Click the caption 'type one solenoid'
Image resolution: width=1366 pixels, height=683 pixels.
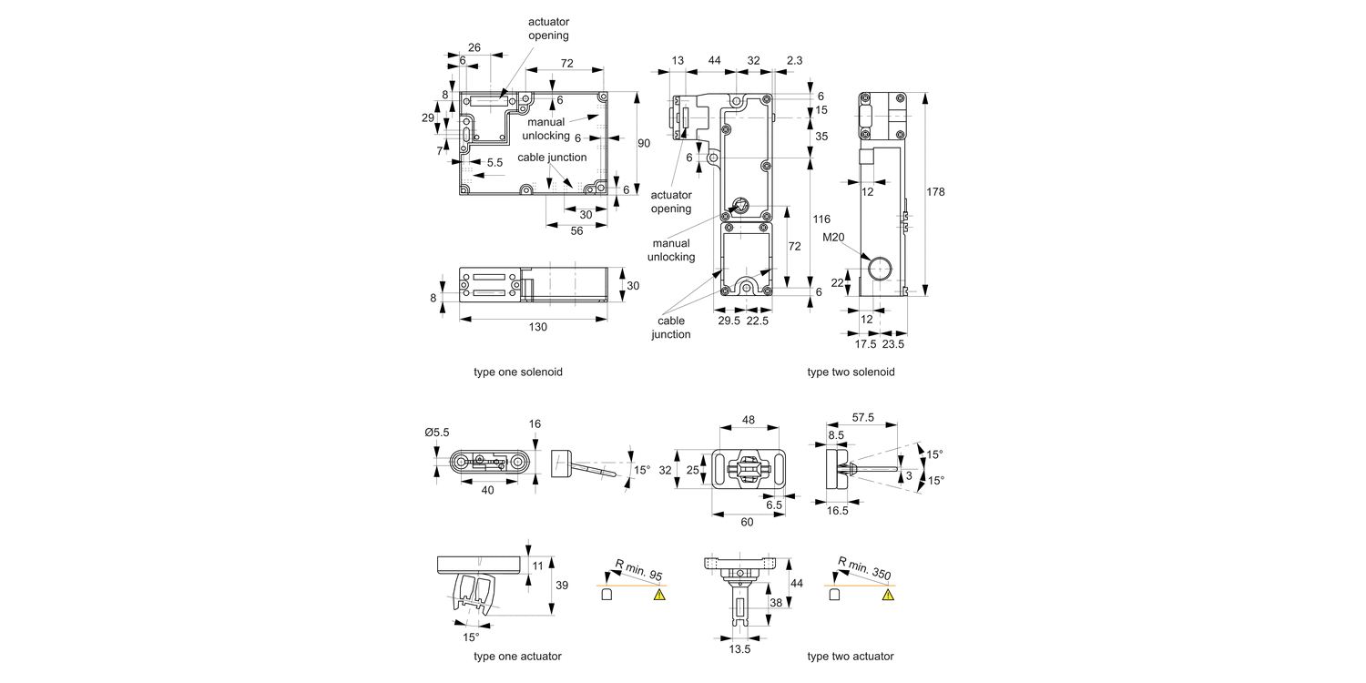click(517, 372)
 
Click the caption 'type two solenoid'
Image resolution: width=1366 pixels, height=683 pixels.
click(851, 372)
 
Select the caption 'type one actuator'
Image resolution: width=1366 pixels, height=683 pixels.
click(517, 657)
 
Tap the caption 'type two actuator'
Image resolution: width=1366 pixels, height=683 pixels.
click(851, 657)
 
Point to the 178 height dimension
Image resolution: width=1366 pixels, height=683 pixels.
click(936, 192)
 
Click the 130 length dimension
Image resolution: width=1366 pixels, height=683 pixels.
click(537, 328)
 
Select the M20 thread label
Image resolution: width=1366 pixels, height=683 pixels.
click(833, 239)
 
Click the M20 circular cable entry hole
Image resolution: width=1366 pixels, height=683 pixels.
click(880, 269)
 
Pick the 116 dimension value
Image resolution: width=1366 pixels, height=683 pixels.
click(821, 220)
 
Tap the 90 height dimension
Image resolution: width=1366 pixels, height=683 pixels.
click(645, 142)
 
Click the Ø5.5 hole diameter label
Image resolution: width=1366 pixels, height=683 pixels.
click(437, 433)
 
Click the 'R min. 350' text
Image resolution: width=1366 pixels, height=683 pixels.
click(865, 567)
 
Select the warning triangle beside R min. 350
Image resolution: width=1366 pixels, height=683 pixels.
click(888, 595)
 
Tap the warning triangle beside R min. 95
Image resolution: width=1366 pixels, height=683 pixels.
click(659, 595)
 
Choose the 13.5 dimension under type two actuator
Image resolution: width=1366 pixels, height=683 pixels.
click(740, 650)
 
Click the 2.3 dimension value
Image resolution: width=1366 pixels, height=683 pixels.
click(794, 60)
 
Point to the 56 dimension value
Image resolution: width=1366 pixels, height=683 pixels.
click(576, 231)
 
